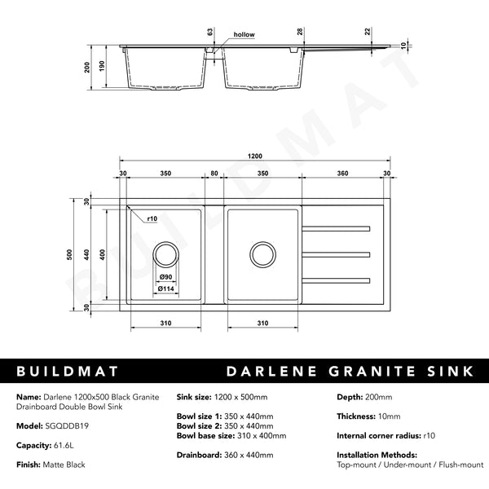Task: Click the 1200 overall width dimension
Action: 256,156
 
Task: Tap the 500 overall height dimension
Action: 71,254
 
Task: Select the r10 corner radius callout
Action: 152,218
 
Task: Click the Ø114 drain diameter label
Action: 167,288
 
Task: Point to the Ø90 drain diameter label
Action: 165,276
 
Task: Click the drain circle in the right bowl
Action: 262,254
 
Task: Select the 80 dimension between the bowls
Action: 214,174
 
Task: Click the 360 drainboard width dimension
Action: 342,174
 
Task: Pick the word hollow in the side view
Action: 244,35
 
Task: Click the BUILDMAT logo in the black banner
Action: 64,372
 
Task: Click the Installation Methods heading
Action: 377,454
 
